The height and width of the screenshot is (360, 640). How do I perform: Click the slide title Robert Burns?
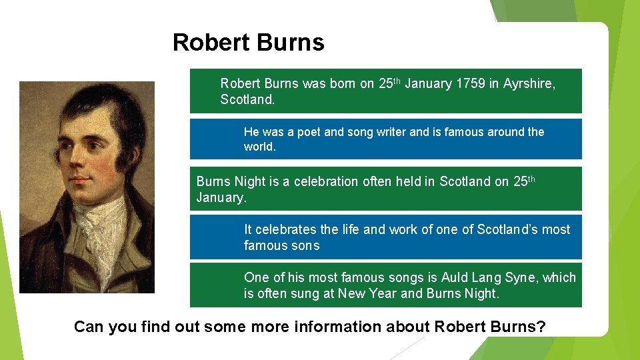pyautogui.click(x=248, y=43)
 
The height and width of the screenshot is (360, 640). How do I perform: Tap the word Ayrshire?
pyautogui.click(x=528, y=84)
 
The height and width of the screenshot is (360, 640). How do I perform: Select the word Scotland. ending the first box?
pyautogui.click(x=247, y=100)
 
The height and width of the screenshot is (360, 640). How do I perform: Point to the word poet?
pyautogui.click(x=309, y=132)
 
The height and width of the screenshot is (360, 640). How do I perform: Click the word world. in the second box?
pyautogui.click(x=259, y=147)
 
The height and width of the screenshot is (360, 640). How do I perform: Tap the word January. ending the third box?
pyautogui.click(x=221, y=197)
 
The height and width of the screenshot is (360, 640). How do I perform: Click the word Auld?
pyautogui.click(x=457, y=277)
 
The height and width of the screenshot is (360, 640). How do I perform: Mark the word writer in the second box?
pyautogui.click(x=389, y=132)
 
